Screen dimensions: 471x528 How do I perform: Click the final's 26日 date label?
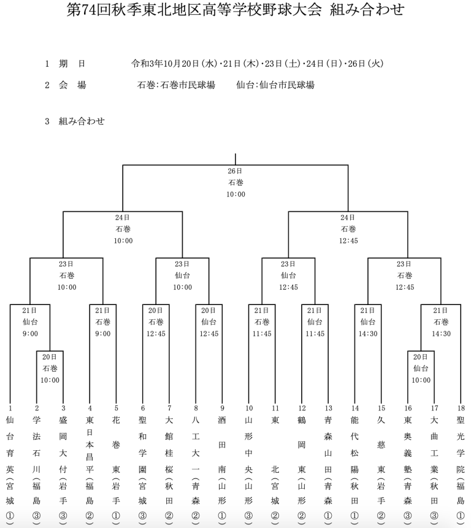tap(235, 171)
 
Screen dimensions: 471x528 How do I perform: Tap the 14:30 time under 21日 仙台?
tap(368, 334)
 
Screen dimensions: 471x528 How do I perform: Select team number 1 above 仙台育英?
tap(10, 409)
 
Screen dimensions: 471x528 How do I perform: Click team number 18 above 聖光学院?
tap(461, 409)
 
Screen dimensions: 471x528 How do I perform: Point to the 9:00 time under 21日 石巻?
tap(103, 334)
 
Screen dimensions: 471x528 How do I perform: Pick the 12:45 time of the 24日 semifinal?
tap(348, 241)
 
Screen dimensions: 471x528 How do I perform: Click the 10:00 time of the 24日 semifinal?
tap(123, 241)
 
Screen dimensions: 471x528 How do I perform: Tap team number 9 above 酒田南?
tap(222, 409)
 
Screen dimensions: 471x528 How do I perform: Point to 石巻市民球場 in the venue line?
tap(188, 85)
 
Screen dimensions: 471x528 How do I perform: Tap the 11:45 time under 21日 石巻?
tap(262, 334)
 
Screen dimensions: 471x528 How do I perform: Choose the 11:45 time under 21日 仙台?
tap(315, 334)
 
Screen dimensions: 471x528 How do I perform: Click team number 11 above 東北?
tap(275, 409)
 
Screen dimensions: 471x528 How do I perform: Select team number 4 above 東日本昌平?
tap(90, 409)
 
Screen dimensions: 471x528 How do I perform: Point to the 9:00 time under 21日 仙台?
tap(30, 334)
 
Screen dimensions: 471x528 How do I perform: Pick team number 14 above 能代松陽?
tap(354, 409)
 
